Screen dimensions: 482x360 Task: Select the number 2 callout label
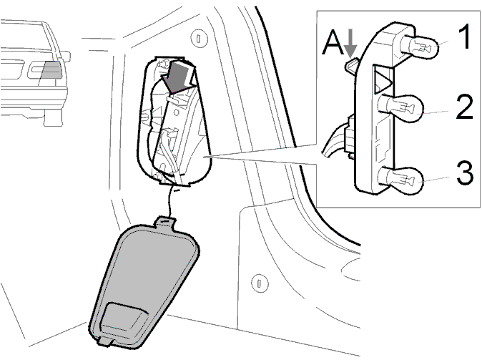(464, 107)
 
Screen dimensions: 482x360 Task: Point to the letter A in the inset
(333, 44)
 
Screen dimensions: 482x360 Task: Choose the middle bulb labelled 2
(401, 108)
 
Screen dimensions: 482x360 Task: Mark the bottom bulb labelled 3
(401, 180)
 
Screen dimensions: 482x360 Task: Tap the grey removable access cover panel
(142, 283)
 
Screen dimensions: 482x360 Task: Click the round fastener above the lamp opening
(199, 38)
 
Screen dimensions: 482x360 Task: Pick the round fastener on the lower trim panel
(260, 283)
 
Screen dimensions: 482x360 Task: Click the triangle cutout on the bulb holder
(383, 81)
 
